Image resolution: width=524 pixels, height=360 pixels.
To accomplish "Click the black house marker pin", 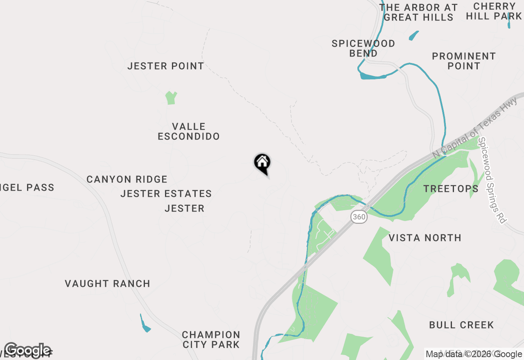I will point(262,163).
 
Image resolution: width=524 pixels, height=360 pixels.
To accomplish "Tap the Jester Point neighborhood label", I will point(165,66).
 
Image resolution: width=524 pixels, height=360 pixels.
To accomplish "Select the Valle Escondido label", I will point(189,131).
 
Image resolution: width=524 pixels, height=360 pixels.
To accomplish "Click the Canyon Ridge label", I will point(127,179).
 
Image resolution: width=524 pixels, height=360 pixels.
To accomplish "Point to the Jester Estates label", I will point(166,193).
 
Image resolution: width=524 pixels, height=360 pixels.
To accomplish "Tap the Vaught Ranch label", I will point(108,283).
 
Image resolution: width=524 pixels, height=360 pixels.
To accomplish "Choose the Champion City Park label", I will point(211,340).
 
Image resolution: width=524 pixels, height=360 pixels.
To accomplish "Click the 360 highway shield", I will point(359,217).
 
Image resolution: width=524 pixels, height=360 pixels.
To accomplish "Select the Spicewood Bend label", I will point(363,48).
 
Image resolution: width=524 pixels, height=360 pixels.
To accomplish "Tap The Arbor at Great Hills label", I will point(418,12).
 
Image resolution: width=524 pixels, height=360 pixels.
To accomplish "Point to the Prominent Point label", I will point(464,61).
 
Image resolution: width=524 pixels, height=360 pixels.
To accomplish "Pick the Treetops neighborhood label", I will point(451,189).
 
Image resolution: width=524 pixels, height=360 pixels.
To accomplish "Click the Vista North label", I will point(425,238).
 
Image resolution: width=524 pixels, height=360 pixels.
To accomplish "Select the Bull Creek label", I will point(461,325).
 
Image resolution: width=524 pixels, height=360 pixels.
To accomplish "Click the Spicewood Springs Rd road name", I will point(492,180).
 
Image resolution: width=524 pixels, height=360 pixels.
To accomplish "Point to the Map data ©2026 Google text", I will point(474,354).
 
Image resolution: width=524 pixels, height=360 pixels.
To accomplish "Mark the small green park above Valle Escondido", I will point(171,98).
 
